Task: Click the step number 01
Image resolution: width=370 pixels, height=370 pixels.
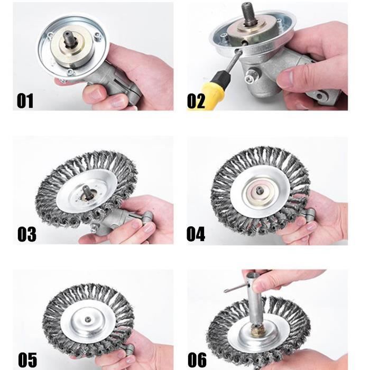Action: pos(25,101)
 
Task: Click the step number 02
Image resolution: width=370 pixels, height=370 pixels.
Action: pos(196,101)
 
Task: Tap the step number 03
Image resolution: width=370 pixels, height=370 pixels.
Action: pos(27,234)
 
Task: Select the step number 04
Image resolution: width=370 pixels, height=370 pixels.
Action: pos(196,234)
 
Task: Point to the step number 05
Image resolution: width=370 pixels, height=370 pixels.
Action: pos(27,359)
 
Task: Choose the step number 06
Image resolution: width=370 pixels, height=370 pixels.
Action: pos(197,359)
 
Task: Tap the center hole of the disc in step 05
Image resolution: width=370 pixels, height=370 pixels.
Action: pos(88,319)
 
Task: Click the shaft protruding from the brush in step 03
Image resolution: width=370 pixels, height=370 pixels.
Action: pos(86,191)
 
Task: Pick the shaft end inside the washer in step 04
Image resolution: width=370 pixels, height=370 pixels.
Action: pos(259,190)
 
